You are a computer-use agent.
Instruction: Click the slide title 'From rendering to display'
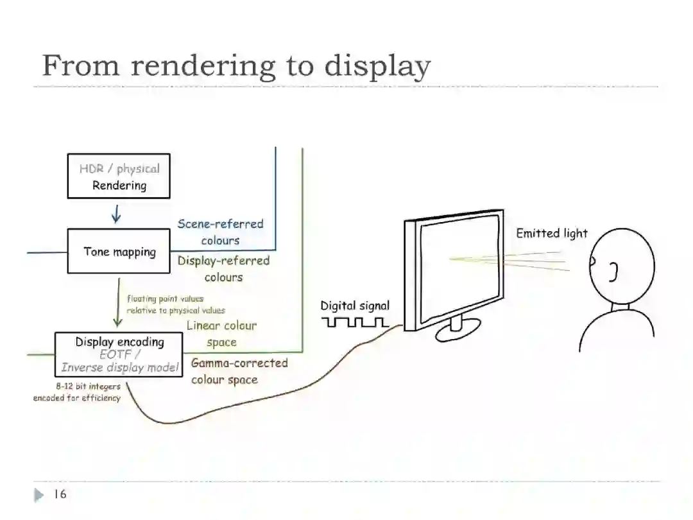[x=236, y=66]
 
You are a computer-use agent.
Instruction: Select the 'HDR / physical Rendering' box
[x=119, y=177]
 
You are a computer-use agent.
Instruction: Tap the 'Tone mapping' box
[x=119, y=251]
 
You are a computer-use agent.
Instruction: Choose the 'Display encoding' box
[x=119, y=354]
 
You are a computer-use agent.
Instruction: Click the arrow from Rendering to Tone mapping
[x=116, y=214]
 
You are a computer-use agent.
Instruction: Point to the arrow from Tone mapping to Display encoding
[x=118, y=302]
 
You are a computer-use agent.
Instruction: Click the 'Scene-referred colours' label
[x=220, y=232]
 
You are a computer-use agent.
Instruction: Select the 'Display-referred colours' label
[x=223, y=268]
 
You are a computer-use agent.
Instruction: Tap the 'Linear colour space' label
[x=221, y=334]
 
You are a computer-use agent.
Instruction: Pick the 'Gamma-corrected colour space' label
[x=239, y=371]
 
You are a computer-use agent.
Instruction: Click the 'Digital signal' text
[x=355, y=306]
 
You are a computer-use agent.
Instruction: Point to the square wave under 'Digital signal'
[x=355, y=322]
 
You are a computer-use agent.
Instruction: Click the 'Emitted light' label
[x=552, y=234]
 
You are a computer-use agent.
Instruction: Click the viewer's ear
[x=613, y=272]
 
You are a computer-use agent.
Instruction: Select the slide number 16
[x=60, y=494]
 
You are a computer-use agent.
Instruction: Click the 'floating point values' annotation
[x=165, y=299]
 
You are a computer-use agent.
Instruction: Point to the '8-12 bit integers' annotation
[x=88, y=386]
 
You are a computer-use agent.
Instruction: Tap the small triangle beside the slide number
[x=39, y=495]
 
